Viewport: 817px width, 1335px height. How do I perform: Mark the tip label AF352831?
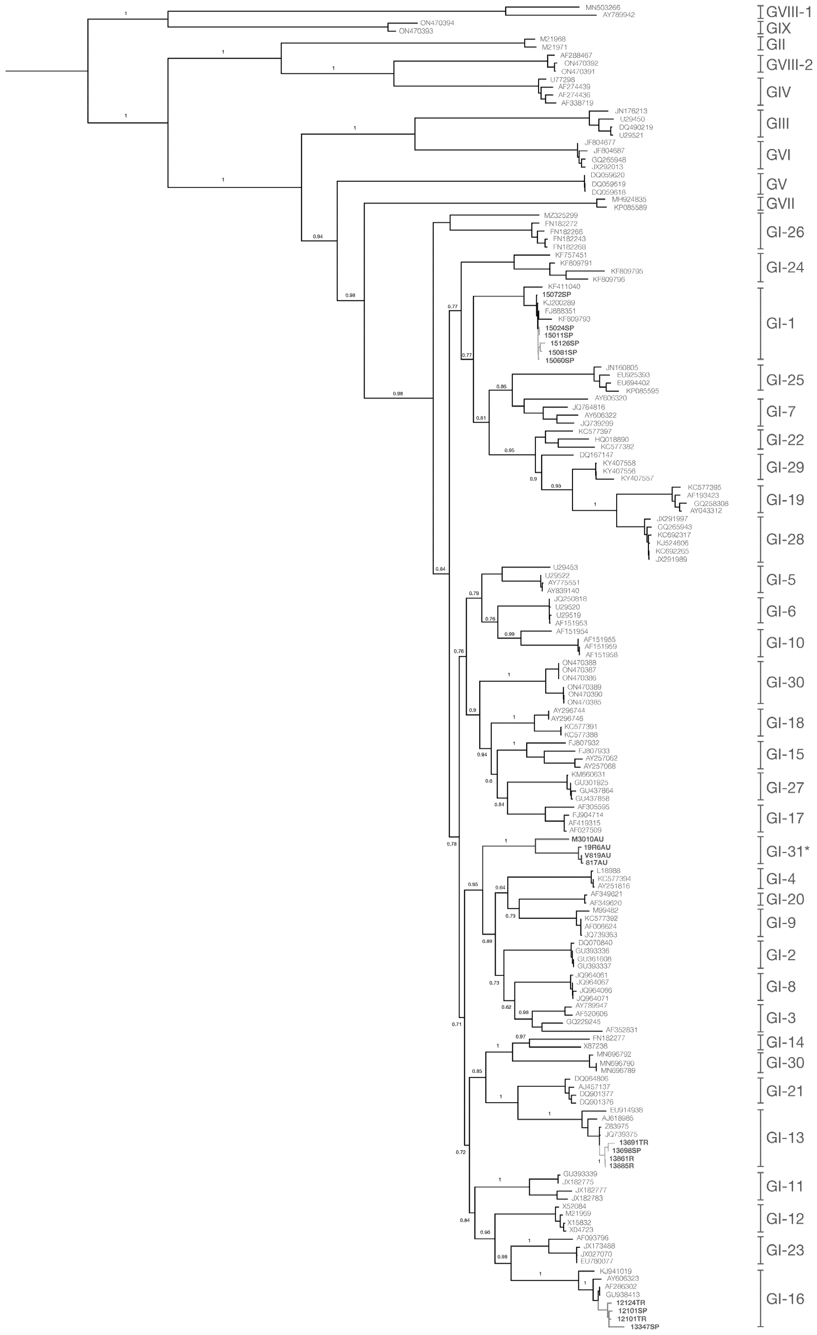(x=621, y=1030)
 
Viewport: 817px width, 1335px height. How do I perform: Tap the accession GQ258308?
(x=711, y=503)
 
